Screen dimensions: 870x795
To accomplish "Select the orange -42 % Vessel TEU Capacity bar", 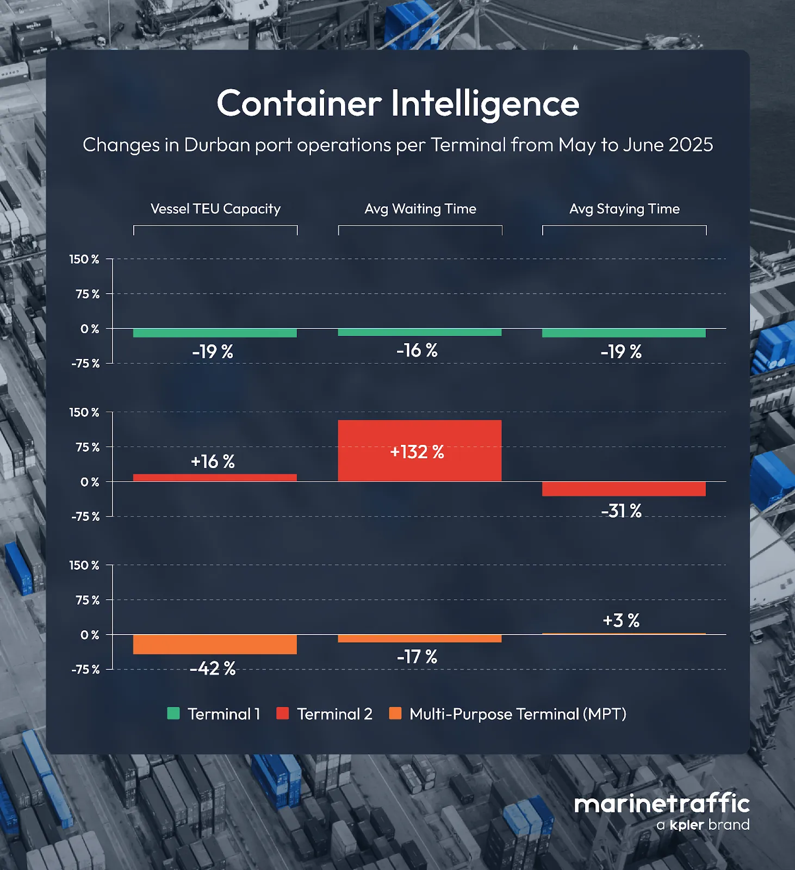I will [215, 644].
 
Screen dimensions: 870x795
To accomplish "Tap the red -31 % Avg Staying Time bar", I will [624, 488].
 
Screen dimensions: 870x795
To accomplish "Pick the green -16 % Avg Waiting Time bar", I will [419, 332].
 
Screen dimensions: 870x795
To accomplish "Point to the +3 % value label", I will [621, 620].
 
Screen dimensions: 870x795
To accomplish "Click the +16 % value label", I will [213, 462].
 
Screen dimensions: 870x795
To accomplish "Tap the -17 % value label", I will [417, 657].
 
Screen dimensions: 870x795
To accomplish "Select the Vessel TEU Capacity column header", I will [215, 209].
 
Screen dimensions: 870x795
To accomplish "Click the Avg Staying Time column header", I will [624, 209].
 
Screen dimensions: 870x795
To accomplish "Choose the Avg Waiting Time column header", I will [420, 209].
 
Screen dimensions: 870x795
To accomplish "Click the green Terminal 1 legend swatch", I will [173, 713].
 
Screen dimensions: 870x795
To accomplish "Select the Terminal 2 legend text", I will [334, 714].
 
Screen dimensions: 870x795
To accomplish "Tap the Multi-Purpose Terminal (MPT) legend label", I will [518, 714].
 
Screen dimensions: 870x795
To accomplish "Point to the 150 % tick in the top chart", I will [84, 259].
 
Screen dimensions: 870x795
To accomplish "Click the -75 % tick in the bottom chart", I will [85, 669].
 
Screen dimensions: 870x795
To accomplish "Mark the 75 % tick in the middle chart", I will [88, 447].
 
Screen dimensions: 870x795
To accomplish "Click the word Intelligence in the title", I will [485, 103].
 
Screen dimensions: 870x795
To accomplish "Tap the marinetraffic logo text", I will [662, 804].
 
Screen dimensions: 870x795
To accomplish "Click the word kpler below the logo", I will [687, 825].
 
